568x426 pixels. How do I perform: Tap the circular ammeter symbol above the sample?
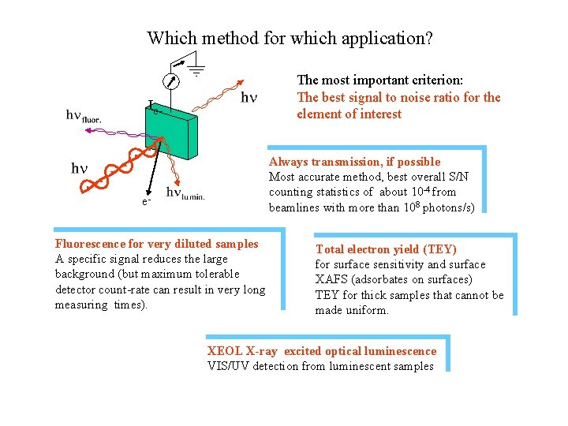pyautogui.click(x=170, y=80)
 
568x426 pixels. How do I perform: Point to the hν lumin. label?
pyautogui.click(x=185, y=193)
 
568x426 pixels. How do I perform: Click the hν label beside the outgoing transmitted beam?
pyautogui.click(x=248, y=98)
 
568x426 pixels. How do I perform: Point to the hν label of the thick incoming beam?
pyautogui.click(x=80, y=168)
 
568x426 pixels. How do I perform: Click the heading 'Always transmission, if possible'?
pyautogui.click(x=354, y=162)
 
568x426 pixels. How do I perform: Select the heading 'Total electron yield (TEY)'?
pyautogui.click(x=386, y=249)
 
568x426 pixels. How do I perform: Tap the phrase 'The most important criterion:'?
pyautogui.click(x=379, y=80)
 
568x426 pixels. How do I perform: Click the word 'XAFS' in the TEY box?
pyautogui.click(x=332, y=279)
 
